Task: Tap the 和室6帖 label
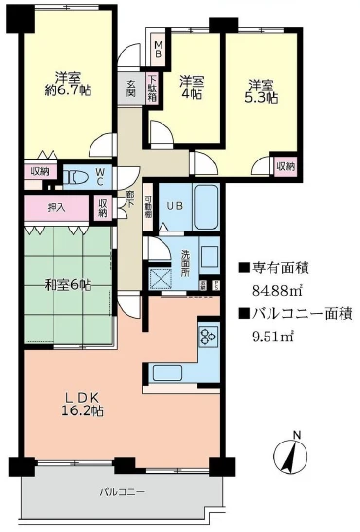tap(67, 285)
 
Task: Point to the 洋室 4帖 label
tap(191, 88)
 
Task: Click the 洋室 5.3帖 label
tap(260, 91)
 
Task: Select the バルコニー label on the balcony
tap(122, 493)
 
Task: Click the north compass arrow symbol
tap(297, 455)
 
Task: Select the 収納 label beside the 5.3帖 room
tap(284, 167)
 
